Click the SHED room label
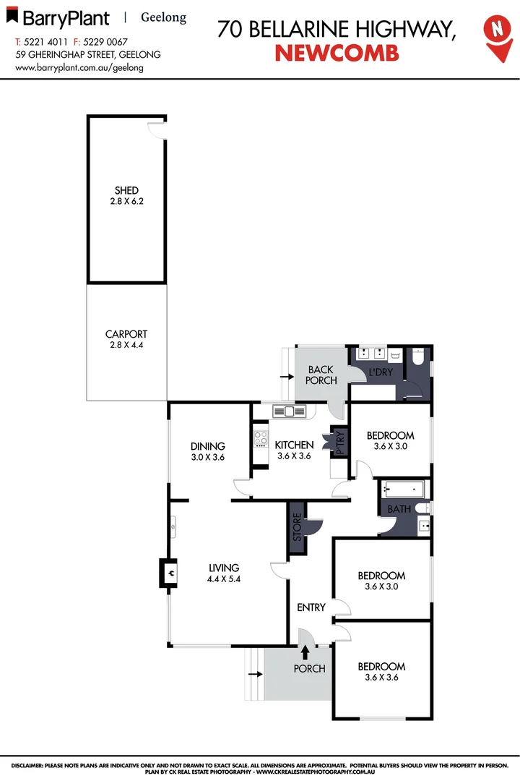(126, 190)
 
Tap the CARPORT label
(126, 334)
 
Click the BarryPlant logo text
(64, 18)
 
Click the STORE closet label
(296, 529)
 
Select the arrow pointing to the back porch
(286, 375)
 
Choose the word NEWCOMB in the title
(337, 53)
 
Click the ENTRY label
(311, 607)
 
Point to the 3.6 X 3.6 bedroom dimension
(381, 678)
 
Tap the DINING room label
(208, 446)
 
